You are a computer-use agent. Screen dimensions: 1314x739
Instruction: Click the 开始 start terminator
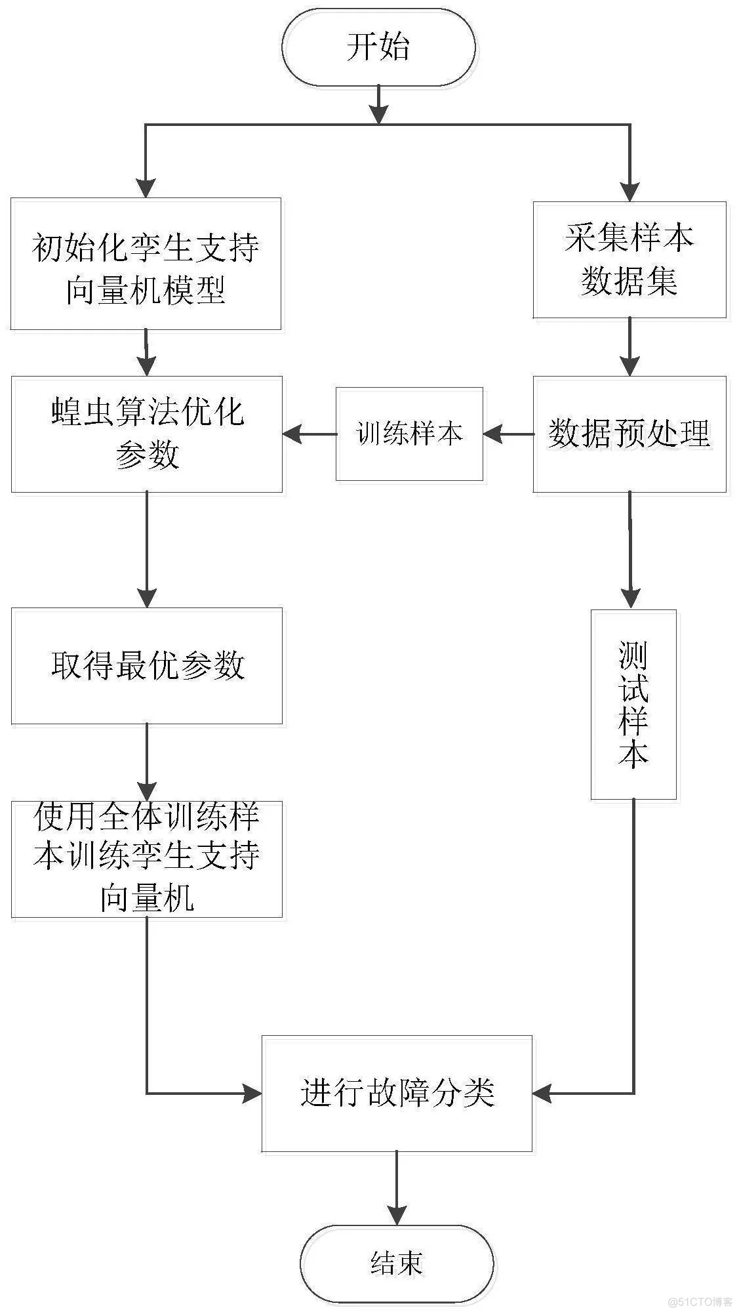(379, 47)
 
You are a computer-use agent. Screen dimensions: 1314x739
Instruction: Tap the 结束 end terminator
(397, 1263)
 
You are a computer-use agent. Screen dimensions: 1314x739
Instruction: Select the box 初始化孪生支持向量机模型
(146, 264)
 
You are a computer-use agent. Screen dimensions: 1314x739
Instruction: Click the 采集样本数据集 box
(629, 260)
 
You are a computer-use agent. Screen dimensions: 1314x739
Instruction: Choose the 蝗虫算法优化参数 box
(146, 434)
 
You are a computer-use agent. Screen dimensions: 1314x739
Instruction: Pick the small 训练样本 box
(409, 434)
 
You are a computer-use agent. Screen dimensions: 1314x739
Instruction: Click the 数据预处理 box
(629, 434)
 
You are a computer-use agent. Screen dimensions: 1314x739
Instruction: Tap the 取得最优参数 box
(146, 666)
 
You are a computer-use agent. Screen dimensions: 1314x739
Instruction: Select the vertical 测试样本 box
(633, 705)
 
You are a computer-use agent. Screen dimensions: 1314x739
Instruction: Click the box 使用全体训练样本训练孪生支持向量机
(146, 858)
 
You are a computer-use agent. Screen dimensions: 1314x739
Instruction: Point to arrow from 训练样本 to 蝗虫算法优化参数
(309, 434)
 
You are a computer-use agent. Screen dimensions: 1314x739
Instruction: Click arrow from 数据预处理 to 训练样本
(508, 434)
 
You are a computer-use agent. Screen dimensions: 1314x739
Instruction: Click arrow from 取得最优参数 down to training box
(147, 761)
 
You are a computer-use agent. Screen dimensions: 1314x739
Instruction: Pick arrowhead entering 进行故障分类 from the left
(252, 1093)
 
